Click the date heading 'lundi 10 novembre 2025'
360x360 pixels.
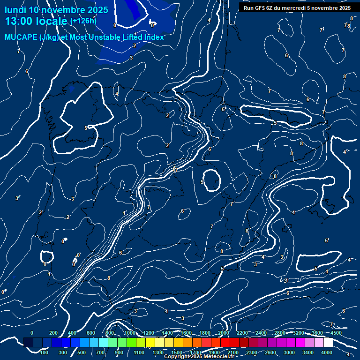(x=56, y=10)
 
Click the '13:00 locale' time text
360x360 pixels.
(x=37, y=21)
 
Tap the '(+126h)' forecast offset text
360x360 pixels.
(x=83, y=21)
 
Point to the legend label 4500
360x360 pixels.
(x=336, y=333)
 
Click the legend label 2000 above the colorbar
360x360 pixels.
(x=224, y=333)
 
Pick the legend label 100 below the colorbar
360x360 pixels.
(x=44, y=352)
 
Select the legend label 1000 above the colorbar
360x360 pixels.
(x=130, y=333)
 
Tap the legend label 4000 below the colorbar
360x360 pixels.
(x=327, y=352)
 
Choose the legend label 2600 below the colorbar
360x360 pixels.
(x=270, y=352)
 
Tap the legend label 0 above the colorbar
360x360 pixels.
(x=32, y=333)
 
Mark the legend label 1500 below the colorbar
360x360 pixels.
(x=177, y=352)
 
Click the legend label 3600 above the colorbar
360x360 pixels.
(x=317, y=333)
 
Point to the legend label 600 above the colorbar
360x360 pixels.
(x=91, y=333)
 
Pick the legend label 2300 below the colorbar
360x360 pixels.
(x=252, y=352)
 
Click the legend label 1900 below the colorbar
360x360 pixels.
(x=214, y=352)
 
